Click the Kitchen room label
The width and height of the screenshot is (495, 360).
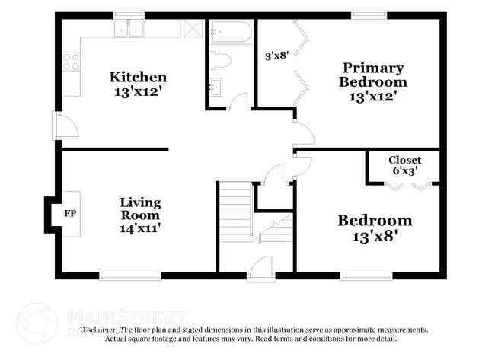tap(138, 77)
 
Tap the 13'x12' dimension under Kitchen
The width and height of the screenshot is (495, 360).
tap(138, 92)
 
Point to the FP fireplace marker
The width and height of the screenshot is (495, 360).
tap(70, 214)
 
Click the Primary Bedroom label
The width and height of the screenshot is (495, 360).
tap(373, 75)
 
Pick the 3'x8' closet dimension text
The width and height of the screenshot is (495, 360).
tap(276, 56)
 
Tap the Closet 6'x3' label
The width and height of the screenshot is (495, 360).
tap(404, 166)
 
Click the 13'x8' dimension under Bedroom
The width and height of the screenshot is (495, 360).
tap(375, 236)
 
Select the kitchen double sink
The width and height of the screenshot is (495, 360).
tap(129, 29)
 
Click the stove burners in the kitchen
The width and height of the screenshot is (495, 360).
tap(71, 62)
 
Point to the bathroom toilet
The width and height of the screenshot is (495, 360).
tap(220, 59)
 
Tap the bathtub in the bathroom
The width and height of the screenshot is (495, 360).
tap(231, 31)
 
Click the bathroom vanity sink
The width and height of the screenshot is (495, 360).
tap(216, 87)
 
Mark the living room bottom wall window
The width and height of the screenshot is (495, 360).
tap(129, 276)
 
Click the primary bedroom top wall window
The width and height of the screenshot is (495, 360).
tap(369, 14)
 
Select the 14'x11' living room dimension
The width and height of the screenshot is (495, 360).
tap(140, 226)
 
